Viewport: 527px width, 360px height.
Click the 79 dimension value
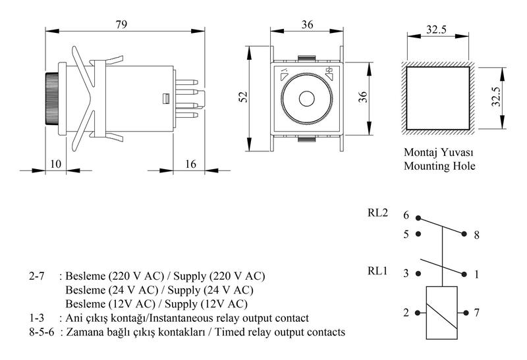tap(121, 24)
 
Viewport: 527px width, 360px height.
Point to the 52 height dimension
tap(242, 97)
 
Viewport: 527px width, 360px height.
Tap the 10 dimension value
tap(56, 164)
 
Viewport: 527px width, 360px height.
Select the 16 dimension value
tap(190, 164)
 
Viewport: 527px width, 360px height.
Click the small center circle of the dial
tap(306, 99)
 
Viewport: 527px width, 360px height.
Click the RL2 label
tap(377, 213)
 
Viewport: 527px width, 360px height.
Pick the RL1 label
tap(377, 270)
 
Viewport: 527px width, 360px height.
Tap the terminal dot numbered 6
tap(418, 218)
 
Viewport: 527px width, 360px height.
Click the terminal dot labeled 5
tap(418, 234)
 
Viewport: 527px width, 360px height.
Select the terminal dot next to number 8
tap(464, 234)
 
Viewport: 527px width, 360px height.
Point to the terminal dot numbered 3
tap(418, 274)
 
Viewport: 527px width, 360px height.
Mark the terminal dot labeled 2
tap(418, 313)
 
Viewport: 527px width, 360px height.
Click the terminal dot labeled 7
tap(466, 313)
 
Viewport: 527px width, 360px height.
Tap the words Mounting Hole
tap(439, 166)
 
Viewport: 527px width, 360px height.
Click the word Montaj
tap(420, 153)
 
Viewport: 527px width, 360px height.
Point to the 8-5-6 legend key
tap(42, 332)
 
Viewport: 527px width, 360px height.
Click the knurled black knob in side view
tap(52, 99)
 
